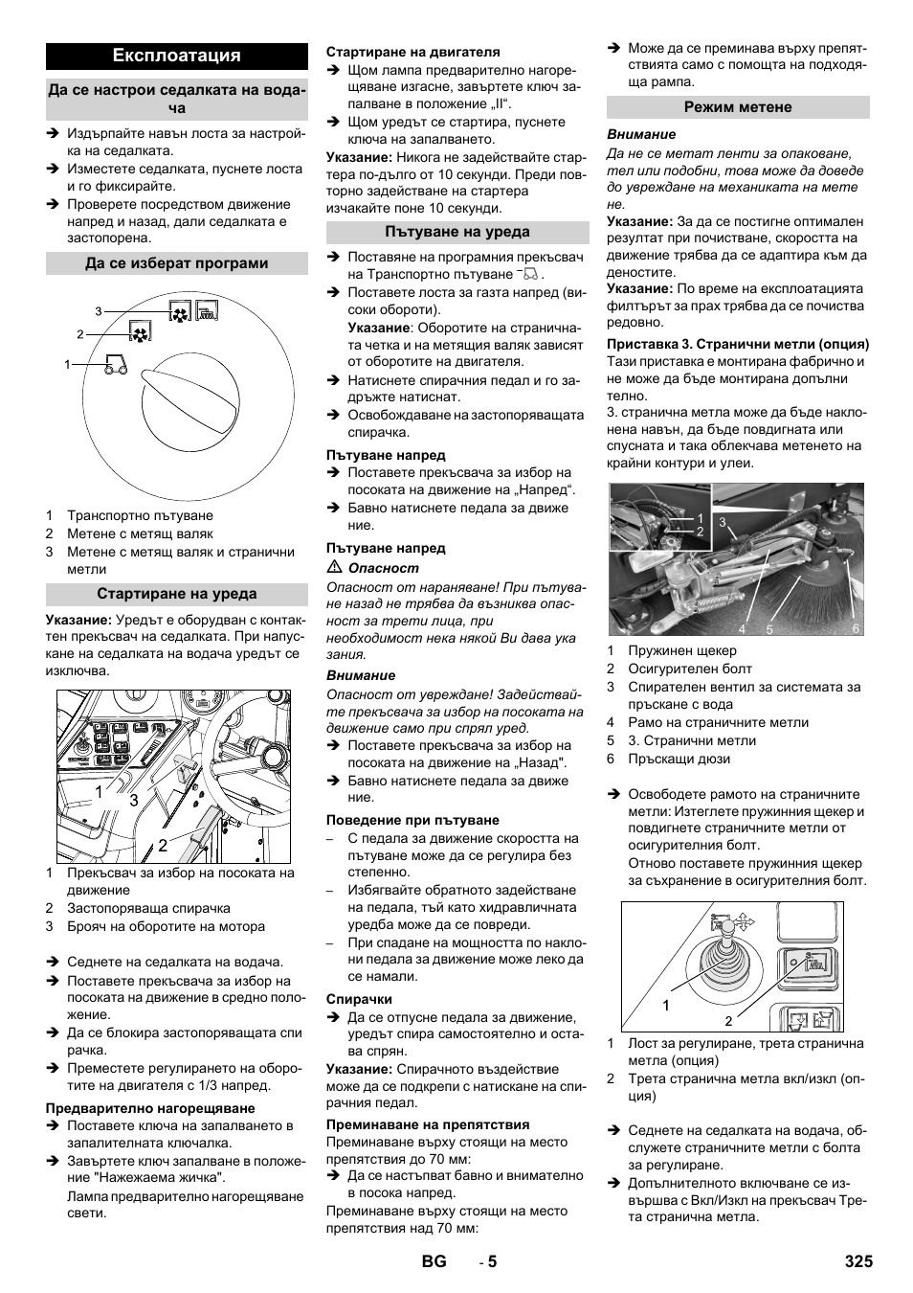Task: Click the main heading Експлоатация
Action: (x=176, y=55)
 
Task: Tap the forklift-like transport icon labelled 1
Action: (x=112, y=364)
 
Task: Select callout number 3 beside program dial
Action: (x=99, y=311)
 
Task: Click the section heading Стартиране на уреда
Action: (x=176, y=594)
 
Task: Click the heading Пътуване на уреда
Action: (x=457, y=232)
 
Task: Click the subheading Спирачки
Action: (x=359, y=999)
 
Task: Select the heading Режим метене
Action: (x=738, y=107)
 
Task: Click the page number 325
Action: (x=857, y=1261)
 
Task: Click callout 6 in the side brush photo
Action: (x=857, y=628)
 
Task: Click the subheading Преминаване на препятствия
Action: (x=427, y=1124)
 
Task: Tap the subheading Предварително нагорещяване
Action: (x=150, y=1108)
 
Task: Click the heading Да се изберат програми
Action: (x=176, y=263)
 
